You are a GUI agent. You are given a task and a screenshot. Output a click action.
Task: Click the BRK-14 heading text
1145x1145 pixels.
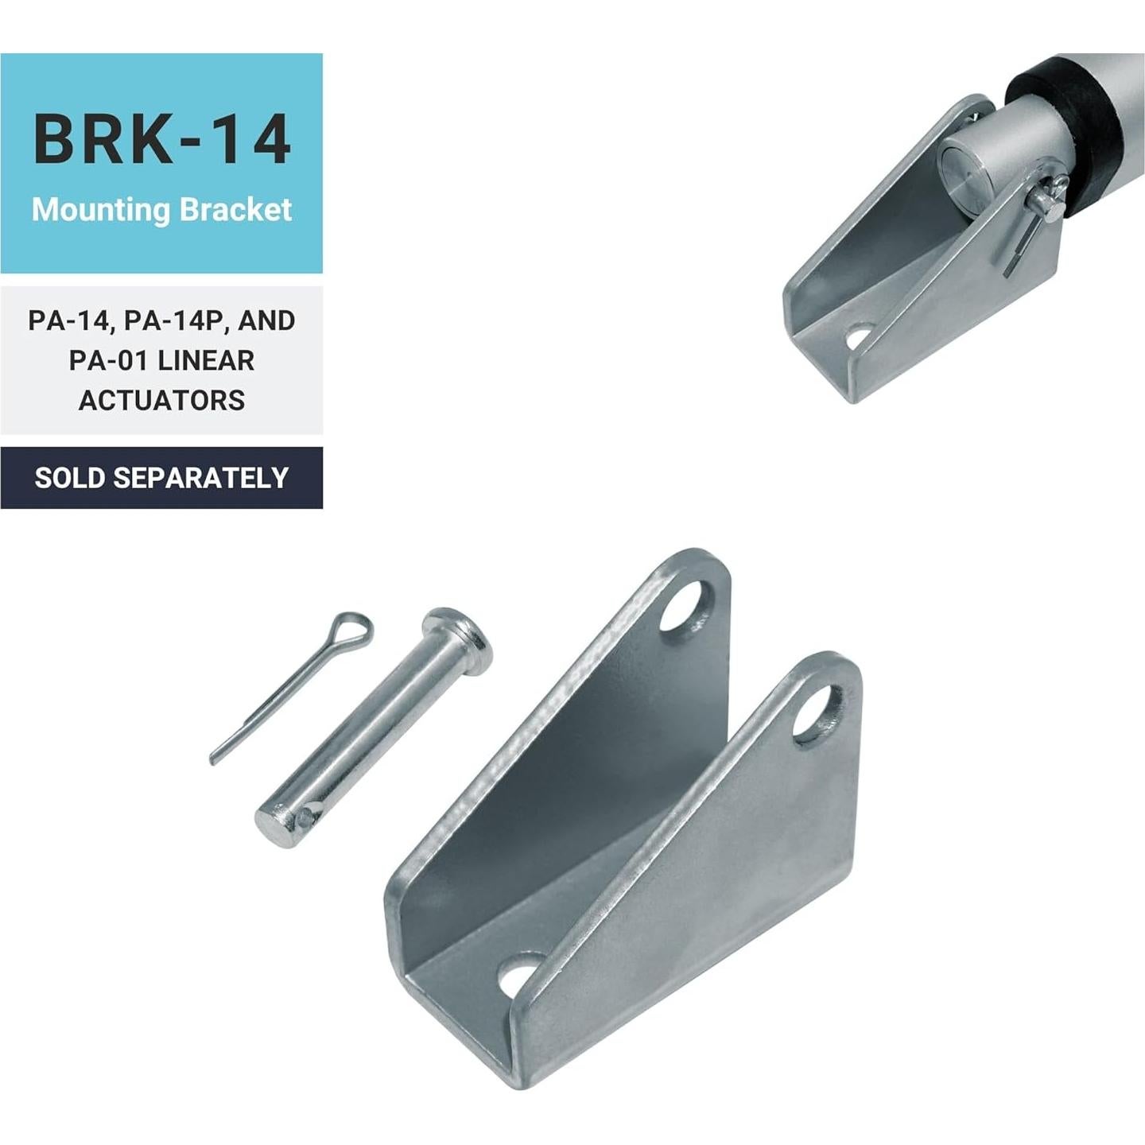161,140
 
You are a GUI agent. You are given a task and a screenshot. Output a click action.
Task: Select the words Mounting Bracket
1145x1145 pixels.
161,210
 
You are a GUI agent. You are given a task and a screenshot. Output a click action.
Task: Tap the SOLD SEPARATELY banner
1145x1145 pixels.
161,478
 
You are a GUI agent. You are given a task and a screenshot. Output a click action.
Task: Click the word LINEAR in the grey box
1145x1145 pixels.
206,360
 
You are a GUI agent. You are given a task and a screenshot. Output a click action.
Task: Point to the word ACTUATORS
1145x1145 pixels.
161,400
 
